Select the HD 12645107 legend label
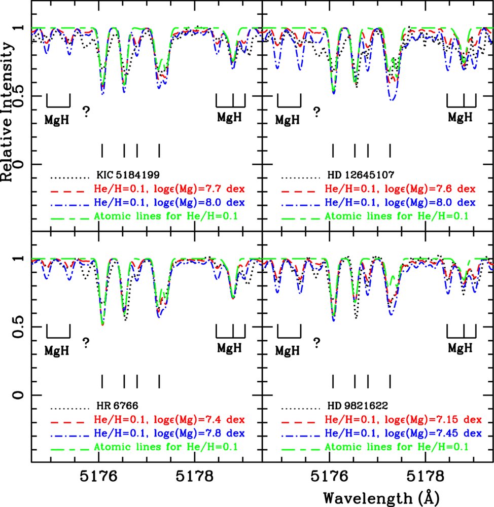360,176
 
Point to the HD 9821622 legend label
358,406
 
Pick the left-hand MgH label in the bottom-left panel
57,350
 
